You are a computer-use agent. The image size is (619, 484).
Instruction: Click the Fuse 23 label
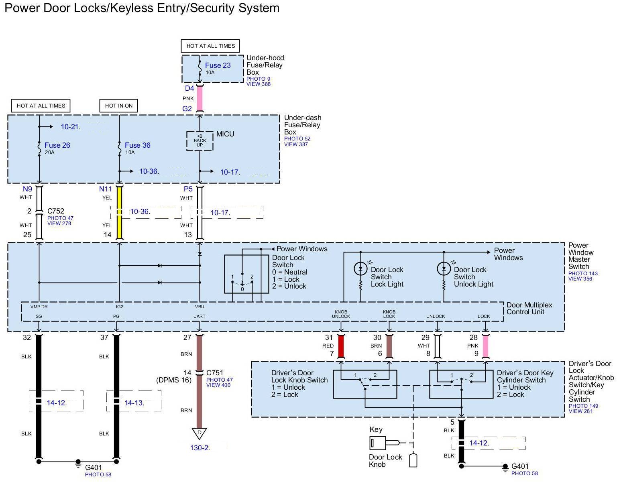coord(218,65)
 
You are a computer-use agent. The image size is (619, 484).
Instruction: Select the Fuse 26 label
coord(57,145)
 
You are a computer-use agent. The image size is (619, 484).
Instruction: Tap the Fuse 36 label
coord(137,145)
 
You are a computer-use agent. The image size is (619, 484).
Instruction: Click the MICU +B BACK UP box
coord(200,141)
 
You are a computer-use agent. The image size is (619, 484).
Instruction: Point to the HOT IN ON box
coord(118,106)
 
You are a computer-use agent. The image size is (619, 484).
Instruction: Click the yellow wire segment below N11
coord(119,213)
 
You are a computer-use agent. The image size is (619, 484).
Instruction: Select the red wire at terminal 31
coord(341,346)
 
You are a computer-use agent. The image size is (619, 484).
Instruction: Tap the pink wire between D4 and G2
coord(200,99)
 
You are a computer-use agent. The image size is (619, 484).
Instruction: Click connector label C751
coord(214,373)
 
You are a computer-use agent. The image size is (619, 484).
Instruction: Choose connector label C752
coord(55,211)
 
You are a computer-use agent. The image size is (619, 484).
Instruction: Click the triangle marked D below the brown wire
coord(199,433)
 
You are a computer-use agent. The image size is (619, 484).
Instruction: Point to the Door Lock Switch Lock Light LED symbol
coord(360,268)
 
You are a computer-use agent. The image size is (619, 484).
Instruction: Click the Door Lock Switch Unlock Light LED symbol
coord(444,268)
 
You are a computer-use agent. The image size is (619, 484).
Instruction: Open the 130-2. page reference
coord(200,447)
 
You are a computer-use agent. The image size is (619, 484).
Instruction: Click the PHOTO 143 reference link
coord(583,273)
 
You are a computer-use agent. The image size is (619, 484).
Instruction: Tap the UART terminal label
coord(199,316)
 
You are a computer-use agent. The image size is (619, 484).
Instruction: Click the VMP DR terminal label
coord(39,307)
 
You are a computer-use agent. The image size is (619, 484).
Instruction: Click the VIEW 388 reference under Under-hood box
coord(258,84)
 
